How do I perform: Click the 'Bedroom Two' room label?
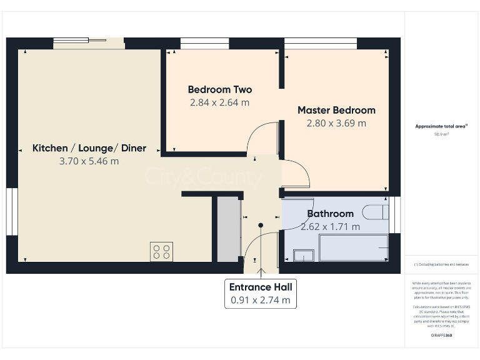[x=219, y=89]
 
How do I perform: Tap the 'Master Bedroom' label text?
[x=336, y=110]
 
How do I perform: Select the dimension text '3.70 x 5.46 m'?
[x=89, y=161]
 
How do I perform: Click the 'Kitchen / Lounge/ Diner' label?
[x=89, y=148]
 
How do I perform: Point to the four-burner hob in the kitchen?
[x=161, y=251]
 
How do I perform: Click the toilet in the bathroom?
[x=377, y=212]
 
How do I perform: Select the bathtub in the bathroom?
[x=353, y=249]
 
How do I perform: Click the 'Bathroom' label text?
[x=330, y=214]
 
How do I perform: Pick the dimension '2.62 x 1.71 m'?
[x=330, y=227]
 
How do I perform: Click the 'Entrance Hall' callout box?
[x=260, y=293]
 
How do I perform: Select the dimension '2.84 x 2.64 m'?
[x=219, y=102]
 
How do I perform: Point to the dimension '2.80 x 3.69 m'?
[x=336, y=123]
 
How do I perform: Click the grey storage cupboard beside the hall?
[x=229, y=229]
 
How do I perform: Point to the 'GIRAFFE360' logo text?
[x=441, y=336]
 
